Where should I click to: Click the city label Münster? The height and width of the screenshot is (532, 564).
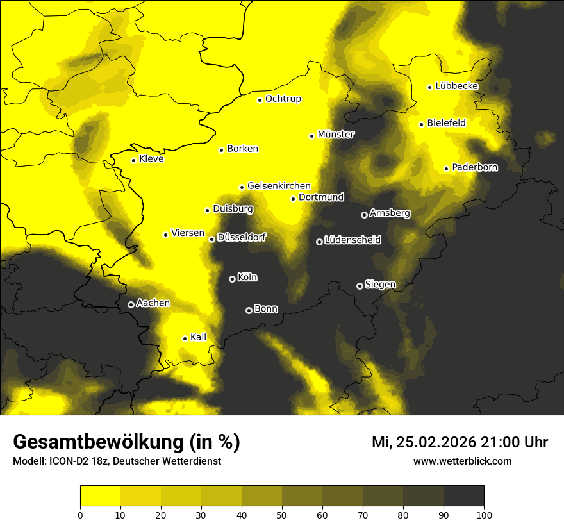point(336,135)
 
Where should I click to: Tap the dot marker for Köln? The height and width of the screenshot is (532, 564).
point(232,279)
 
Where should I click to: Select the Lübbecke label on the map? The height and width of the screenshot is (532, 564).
point(456,87)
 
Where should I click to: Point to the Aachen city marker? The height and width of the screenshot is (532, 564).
point(131,304)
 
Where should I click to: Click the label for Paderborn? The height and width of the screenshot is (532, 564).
point(474,168)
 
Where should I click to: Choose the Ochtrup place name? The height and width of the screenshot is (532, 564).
point(283,99)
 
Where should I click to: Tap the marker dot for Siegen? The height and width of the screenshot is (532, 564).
point(360,286)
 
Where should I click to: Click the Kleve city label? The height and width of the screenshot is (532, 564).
point(151,159)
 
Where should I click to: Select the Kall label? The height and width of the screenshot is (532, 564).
point(198,337)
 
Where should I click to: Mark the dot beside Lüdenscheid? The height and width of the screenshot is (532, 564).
point(319,242)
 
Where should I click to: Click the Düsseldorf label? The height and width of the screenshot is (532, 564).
point(242,238)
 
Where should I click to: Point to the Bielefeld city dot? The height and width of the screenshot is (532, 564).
point(421,124)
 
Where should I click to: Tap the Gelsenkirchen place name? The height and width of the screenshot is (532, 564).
point(279,186)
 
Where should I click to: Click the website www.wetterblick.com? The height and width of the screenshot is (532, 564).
point(462,461)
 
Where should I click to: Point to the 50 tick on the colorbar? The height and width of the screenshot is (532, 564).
point(282,514)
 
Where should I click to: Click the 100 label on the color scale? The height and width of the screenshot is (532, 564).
point(483,514)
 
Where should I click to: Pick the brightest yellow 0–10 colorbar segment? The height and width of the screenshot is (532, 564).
point(101,495)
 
